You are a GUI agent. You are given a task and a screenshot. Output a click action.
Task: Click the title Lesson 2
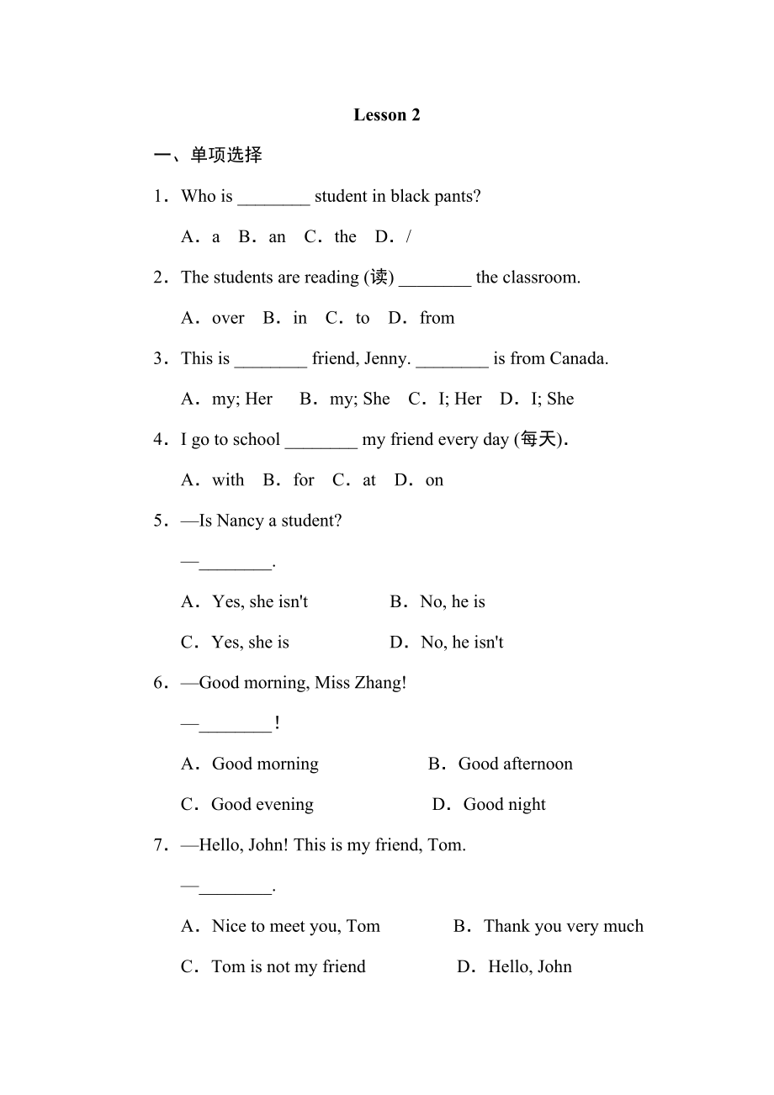pos(386,115)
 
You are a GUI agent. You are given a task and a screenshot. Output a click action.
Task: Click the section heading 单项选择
pos(226,155)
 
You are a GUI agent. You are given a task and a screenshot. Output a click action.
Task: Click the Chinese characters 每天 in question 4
pos(539,440)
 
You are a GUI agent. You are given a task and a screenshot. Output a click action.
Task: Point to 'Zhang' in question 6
pos(379,683)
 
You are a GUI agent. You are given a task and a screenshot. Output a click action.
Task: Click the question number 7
pos(159,845)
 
